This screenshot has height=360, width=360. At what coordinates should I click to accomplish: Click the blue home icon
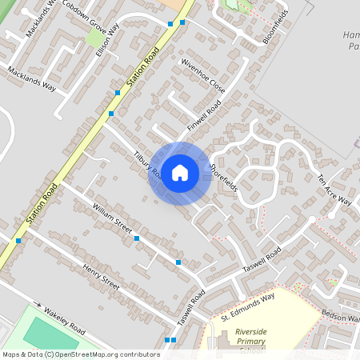click(x=180, y=172)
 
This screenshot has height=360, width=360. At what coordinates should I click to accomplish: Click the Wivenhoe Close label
click(x=202, y=75)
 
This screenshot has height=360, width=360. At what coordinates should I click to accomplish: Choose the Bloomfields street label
click(x=274, y=27)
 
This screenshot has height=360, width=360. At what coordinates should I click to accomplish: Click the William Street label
click(x=111, y=218)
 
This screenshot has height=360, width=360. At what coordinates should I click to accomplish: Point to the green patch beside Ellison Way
click(x=94, y=38)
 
